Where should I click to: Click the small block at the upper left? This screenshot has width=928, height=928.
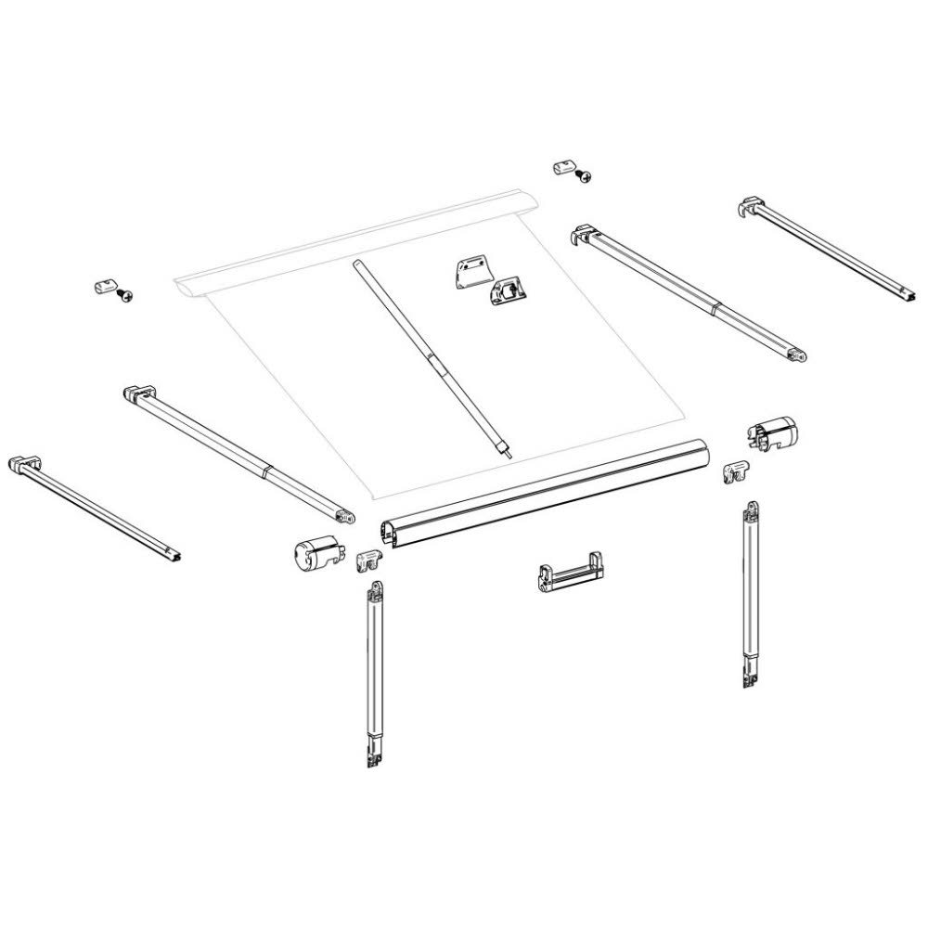[x=105, y=285]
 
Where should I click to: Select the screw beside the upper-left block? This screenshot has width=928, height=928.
[x=126, y=295]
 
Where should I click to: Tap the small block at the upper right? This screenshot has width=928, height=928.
[x=563, y=167]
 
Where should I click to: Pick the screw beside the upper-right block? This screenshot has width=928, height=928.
[x=584, y=175]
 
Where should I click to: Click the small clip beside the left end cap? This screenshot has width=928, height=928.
[x=369, y=559]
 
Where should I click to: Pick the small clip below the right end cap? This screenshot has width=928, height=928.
[x=739, y=472]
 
